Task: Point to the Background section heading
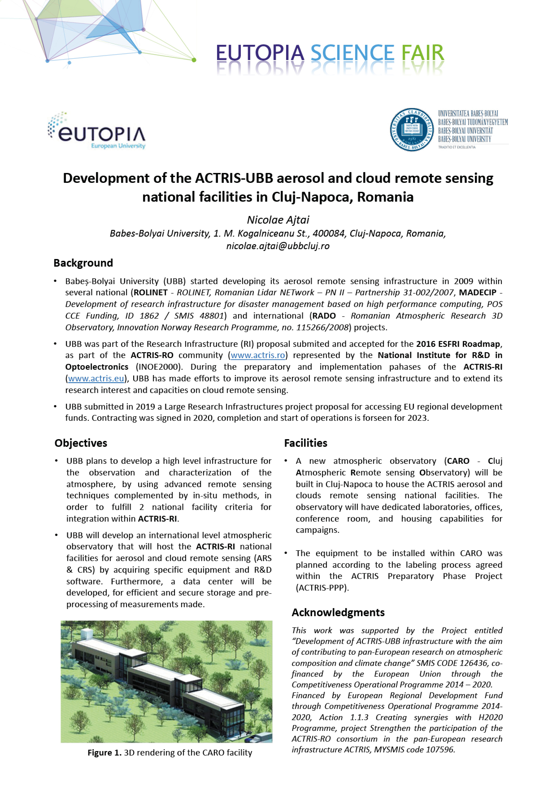click(x=83, y=263)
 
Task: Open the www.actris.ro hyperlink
click(x=258, y=355)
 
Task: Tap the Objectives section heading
click(x=81, y=443)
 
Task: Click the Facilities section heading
click(x=306, y=443)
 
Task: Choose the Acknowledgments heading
click(x=338, y=612)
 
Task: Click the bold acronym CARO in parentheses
click(x=458, y=461)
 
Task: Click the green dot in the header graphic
click(x=194, y=60)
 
